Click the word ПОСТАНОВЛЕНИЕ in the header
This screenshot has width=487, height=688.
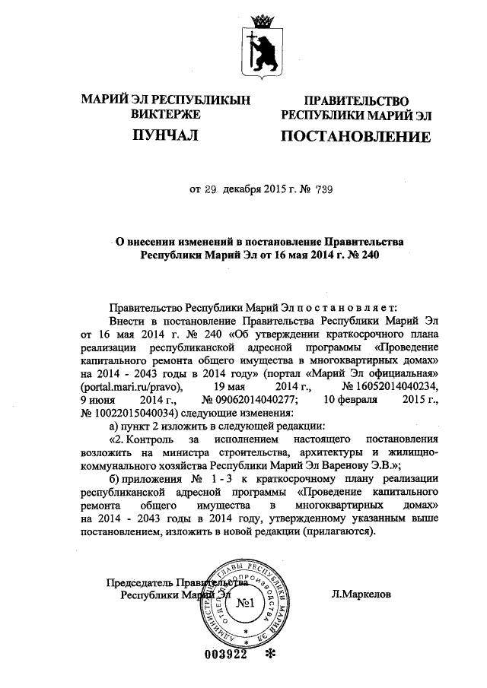click(356, 137)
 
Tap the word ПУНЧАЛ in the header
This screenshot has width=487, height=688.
click(165, 135)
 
